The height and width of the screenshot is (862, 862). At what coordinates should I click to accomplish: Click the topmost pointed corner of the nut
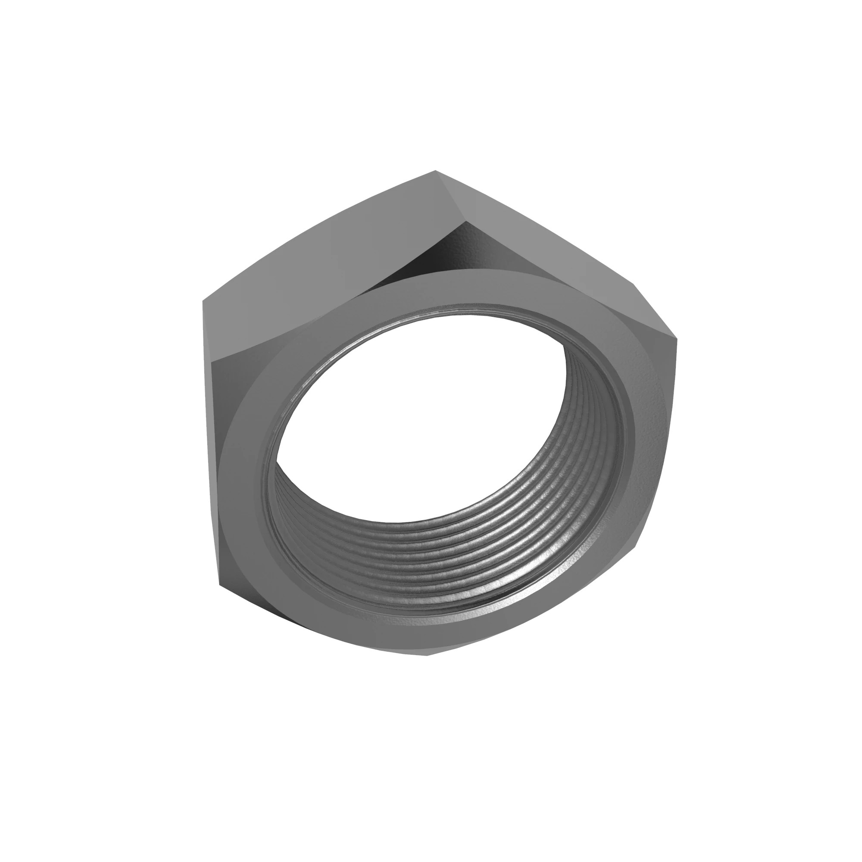(x=435, y=171)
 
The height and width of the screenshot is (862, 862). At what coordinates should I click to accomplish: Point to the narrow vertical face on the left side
(x=212, y=446)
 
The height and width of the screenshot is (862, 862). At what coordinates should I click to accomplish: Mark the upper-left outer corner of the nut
(x=203, y=301)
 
